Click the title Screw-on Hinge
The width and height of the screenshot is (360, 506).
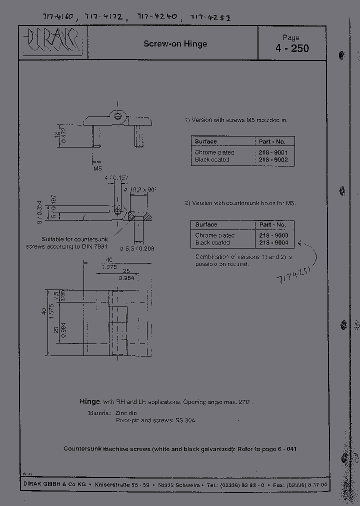tap(175, 44)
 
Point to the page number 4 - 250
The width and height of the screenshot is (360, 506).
tap(291, 48)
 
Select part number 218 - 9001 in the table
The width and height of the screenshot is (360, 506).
tap(273, 152)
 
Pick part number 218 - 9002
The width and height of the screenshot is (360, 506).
tap(273, 159)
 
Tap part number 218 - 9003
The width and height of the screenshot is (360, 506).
tap(274, 235)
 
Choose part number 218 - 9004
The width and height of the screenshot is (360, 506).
tap(274, 242)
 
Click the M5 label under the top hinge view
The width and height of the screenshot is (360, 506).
tap(98, 168)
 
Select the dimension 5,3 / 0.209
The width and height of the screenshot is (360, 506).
tap(138, 248)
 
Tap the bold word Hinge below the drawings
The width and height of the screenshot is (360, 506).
tap(89, 401)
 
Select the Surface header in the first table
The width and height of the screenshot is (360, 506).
tap(206, 141)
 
